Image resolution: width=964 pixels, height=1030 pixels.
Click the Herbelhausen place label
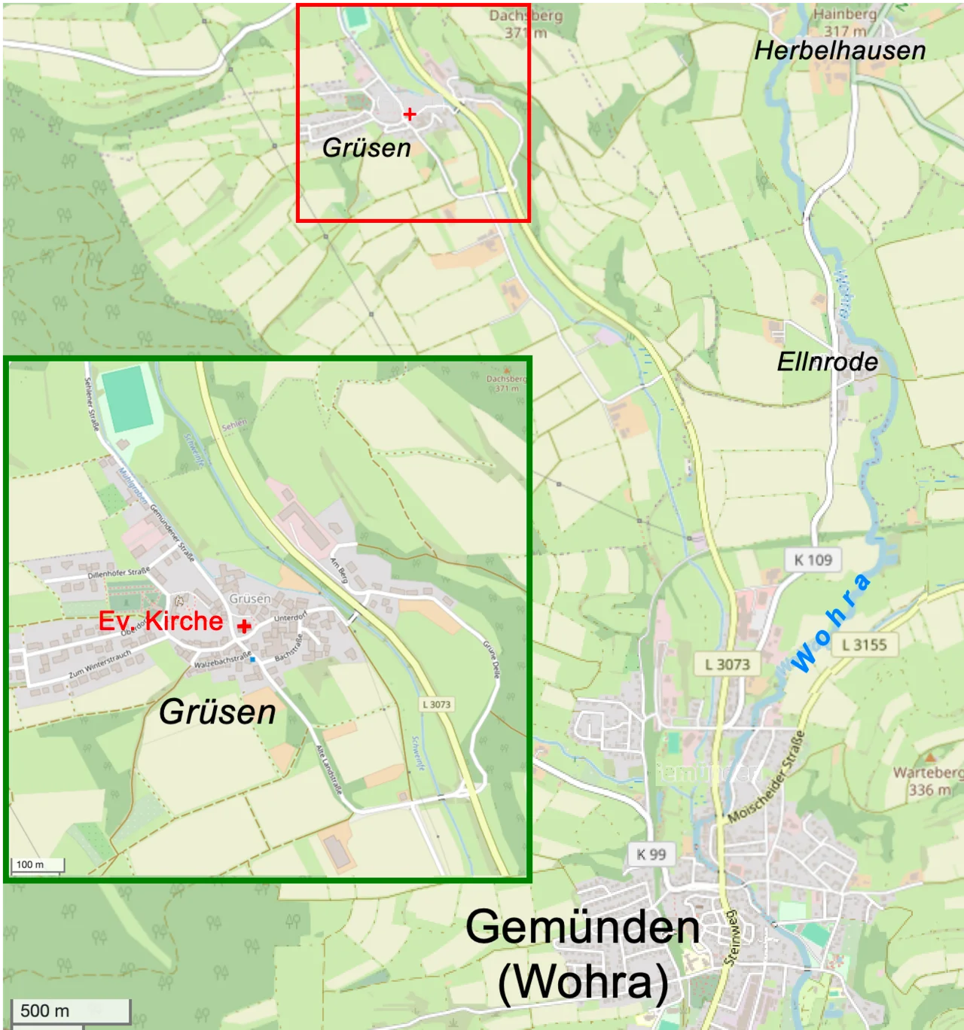[x=840, y=50]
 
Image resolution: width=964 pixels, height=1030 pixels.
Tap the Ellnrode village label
[x=827, y=361]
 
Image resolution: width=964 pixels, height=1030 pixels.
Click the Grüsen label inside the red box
[x=367, y=148]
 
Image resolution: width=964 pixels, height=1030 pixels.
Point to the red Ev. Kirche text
[x=160, y=621]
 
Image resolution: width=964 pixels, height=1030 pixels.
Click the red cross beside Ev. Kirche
[x=244, y=626]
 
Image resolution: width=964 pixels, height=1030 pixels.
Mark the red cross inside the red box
[x=410, y=114]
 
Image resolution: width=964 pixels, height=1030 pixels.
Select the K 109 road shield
[x=813, y=559]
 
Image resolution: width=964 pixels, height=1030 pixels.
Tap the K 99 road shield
[x=651, y=854]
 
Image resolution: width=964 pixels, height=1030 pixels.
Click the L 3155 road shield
[x=864, y=645]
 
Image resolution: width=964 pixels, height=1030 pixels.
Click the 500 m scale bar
[x=71, y=1011]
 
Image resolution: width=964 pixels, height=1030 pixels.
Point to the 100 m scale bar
[x=37, y=865]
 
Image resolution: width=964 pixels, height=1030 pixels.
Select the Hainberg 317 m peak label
[x=844, y=22]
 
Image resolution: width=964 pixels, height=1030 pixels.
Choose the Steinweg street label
[x=731, y=937]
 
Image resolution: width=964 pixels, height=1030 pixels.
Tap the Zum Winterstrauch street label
[x=99, y=664]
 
